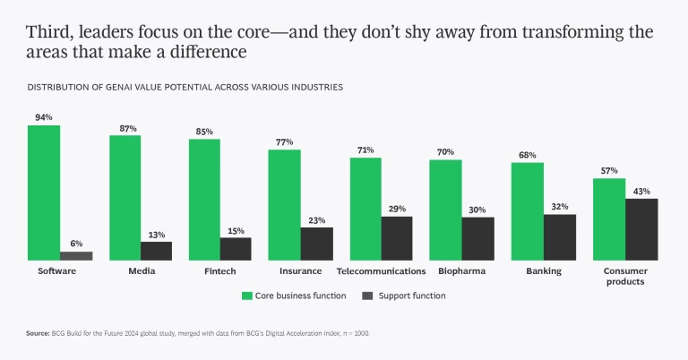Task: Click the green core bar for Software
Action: tap(44, 193)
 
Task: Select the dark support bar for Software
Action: tap(76, 255)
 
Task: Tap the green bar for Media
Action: tap(125, 197)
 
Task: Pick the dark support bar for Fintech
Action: tap(236, 249)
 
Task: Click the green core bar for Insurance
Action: tap(284, 205)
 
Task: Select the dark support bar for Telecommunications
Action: tap(397, 238)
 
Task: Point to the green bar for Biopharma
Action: tap(445, 210)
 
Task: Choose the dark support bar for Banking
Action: tap(560, 237)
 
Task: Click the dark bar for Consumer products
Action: tap(641, 229)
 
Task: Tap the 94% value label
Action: tap(44, 117)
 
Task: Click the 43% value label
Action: tap(641, 191)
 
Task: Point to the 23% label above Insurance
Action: tap(316, 219)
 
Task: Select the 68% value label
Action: tap(528, 155)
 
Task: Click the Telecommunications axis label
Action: tap(381, 270)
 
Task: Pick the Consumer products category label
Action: tap(625, 276)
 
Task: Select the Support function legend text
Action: tap(411, 296)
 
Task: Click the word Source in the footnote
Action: tap(38, 333)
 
